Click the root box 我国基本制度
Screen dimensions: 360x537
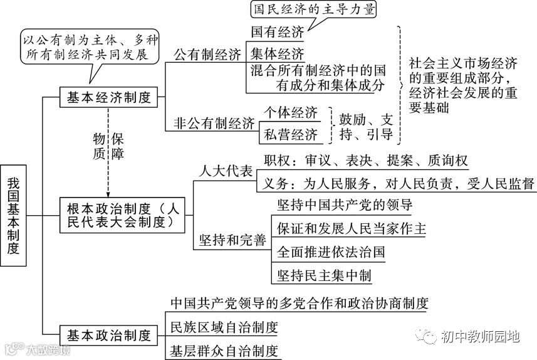click(14, 216)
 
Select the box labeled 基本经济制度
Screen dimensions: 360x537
click(109, 98)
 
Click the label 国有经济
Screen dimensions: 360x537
click(277, 31)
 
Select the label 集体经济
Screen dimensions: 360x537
click(277, 53)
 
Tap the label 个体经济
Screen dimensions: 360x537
click(291, 113)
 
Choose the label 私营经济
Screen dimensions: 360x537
click(291, 133)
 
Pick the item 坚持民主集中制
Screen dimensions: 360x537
click(324, 275)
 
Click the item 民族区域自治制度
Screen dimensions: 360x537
click(224, 327)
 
